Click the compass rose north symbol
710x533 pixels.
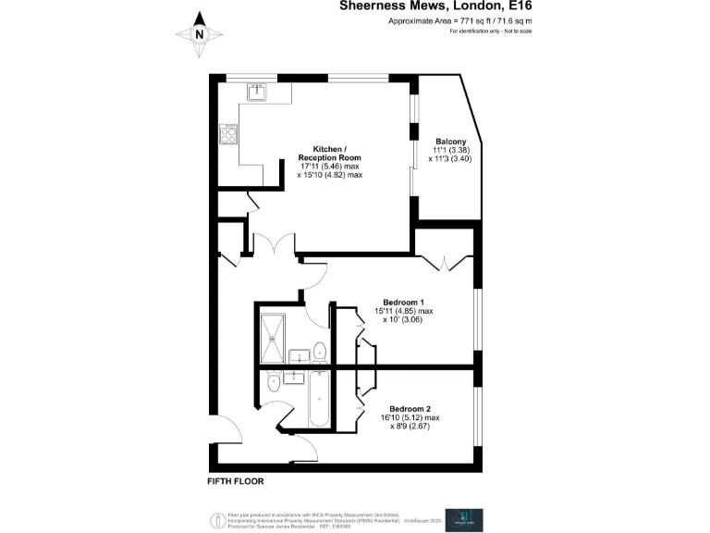(x=200, y=35)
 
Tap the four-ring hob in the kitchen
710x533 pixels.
(x=229, y=134)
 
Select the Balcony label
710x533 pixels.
(x=450, y=142)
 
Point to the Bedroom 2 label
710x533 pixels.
(x=410, y=409)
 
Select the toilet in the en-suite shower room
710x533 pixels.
(x=318, y=352)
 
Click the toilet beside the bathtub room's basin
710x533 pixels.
(x=274, y=384)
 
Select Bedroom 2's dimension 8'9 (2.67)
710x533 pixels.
(x=412, y=427)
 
